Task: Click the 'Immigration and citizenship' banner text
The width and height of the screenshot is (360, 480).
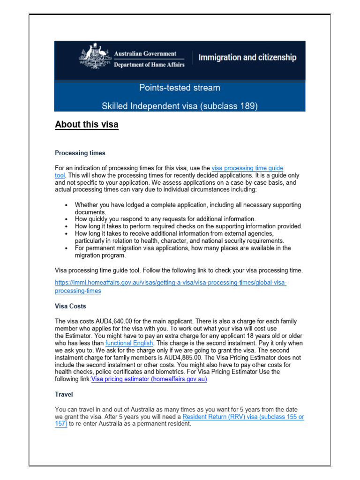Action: pos(247,58)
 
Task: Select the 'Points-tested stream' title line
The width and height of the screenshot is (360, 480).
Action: pos(180,88)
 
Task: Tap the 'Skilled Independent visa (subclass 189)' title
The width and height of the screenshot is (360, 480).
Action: pos(180,106)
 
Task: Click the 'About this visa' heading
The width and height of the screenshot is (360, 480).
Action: pos(87,125)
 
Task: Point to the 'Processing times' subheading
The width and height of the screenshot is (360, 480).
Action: pos(80,153)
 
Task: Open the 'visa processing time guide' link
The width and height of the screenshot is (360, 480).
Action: pos(247,168)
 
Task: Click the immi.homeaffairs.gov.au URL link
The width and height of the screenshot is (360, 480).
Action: pos(171,283)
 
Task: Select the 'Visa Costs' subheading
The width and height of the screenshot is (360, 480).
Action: pos(70,306)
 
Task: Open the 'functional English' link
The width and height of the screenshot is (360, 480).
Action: pos(129,343)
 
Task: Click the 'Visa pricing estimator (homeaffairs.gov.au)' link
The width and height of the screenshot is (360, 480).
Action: pos(149,379)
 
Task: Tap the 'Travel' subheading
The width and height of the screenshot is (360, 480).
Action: pos(64,395)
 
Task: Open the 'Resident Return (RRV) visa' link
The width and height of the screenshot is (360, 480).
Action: pos(243,417)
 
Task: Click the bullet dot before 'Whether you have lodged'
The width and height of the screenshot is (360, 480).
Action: pos(67,205)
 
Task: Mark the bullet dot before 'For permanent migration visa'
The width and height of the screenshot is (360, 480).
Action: pos(67,248)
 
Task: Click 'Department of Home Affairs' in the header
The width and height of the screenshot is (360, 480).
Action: pos(149,65)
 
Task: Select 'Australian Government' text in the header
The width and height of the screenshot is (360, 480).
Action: pos(145,54)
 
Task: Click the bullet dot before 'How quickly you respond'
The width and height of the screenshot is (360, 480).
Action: pos(67,219)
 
